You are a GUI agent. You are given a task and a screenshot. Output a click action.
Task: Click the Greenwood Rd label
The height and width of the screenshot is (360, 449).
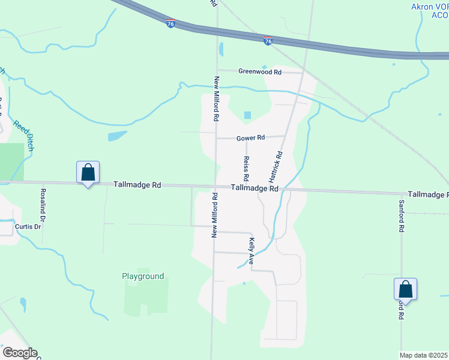click(x=259, y=71)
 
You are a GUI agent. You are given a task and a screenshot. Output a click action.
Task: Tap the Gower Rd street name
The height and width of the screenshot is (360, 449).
click(x=250, y=138)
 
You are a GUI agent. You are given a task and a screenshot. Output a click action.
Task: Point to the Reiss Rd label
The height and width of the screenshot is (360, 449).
click(x=246, y=169)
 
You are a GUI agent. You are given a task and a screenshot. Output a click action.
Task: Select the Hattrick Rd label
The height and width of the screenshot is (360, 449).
click(x=276, y=167)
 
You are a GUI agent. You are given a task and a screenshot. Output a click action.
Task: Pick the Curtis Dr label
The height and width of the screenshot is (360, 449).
click(x=28, y=226)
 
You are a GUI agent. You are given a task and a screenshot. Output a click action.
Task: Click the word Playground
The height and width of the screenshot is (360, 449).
click(x=143, y=277)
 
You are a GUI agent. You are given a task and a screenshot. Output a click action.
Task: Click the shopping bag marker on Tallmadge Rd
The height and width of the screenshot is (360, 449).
click(x=88, y=172)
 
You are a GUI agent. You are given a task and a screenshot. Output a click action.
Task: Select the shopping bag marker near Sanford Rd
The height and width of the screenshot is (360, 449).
click(x=405, y=289)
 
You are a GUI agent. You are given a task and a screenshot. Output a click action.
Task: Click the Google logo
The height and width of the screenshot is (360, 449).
click(x=19, y=353)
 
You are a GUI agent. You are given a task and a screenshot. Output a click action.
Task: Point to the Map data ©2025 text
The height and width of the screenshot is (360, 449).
click(x=424, y=355)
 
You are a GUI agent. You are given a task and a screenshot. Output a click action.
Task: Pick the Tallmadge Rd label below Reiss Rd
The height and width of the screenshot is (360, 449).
click(x=255, y=188)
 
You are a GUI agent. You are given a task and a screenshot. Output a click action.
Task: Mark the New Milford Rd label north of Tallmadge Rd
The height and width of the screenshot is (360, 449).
click(x=214, y=99)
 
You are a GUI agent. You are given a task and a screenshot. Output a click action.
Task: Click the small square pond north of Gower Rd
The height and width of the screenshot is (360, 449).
click(x=247, y=115)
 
